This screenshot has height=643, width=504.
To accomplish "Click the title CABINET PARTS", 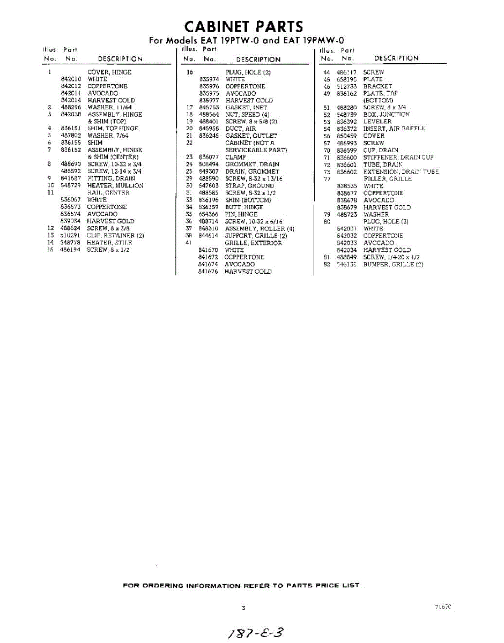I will pos(243,26).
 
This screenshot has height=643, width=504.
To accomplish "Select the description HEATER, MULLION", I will pos(115,185).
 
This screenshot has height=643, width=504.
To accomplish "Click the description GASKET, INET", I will pos(246,107).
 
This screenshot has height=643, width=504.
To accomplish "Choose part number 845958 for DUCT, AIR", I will pos(209,129).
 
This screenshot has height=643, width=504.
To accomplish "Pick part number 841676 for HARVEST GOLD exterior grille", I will pos(209,271).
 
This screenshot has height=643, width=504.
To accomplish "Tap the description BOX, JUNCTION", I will pos(386,114).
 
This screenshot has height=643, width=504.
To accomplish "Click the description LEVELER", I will pos(377,122).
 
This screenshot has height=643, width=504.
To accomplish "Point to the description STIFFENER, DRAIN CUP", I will pos(398,157).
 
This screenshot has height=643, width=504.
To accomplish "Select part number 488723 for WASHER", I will pos(346,214).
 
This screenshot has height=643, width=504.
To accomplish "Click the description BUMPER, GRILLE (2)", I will pos(393,264).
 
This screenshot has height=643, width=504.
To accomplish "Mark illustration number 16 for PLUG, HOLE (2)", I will pos(189,72).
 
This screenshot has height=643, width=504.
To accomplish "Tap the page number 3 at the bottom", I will pos(243,608).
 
